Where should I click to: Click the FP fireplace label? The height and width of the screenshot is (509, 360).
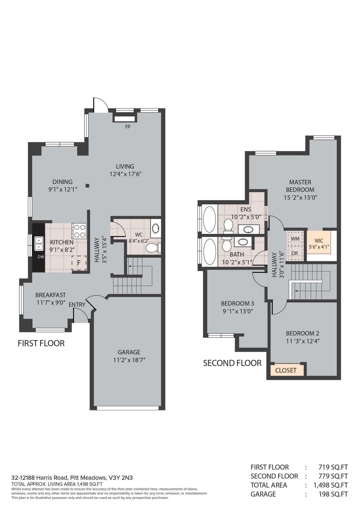pos(128,127)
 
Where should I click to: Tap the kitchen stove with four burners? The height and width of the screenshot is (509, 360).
pos(79,231)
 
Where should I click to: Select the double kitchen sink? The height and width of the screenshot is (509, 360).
pos(39,243)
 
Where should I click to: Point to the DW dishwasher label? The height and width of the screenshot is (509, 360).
pos(41,257)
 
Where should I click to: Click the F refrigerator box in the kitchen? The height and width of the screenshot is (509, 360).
pos(79,263)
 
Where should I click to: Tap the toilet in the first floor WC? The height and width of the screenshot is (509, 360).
pos(153,248)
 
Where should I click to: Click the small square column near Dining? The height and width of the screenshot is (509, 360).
pos(87,186)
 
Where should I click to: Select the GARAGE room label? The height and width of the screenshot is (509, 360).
pos(129,352)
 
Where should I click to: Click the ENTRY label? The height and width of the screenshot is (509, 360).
pos(77,305)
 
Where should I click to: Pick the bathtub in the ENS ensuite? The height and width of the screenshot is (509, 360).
pos(209,219)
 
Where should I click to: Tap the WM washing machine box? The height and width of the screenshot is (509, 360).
pos(295,239)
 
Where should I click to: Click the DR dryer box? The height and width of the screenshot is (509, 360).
pos(295,253)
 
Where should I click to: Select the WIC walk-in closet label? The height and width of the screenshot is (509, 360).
pos(319,241)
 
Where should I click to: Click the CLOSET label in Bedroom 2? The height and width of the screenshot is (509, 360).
pos(286,370)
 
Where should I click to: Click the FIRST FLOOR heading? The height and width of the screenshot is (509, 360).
pos(41,343)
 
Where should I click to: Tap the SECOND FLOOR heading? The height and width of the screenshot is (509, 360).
pos(232,363)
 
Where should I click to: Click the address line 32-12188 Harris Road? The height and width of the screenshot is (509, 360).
pos(72,478)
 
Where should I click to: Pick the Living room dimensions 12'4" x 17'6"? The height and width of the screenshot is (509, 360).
pos(125,174)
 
